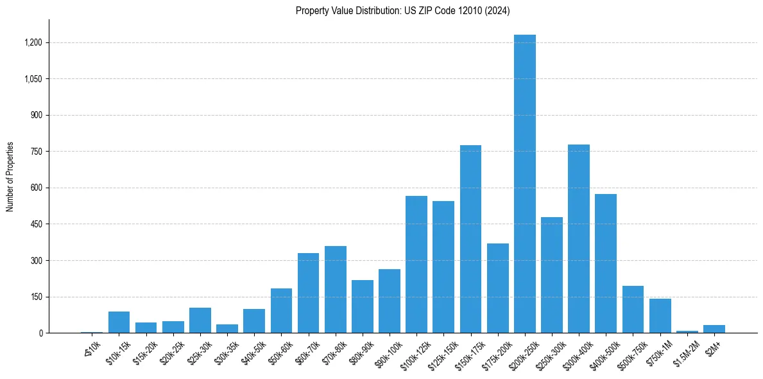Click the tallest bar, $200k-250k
[524, 184]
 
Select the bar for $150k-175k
[470, 239]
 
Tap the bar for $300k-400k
[579, 239]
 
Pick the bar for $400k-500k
[606, 263]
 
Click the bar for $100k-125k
[416, 265]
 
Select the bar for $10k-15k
[119, 322]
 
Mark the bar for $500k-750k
[633, 310]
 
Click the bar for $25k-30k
[200, 321]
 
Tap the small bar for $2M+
[714, 329]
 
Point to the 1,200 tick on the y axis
[33, 42]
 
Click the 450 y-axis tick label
[36, 224]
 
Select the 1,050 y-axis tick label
[33, 79]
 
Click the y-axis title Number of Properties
[10, 177]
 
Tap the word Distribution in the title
[366, 11]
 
